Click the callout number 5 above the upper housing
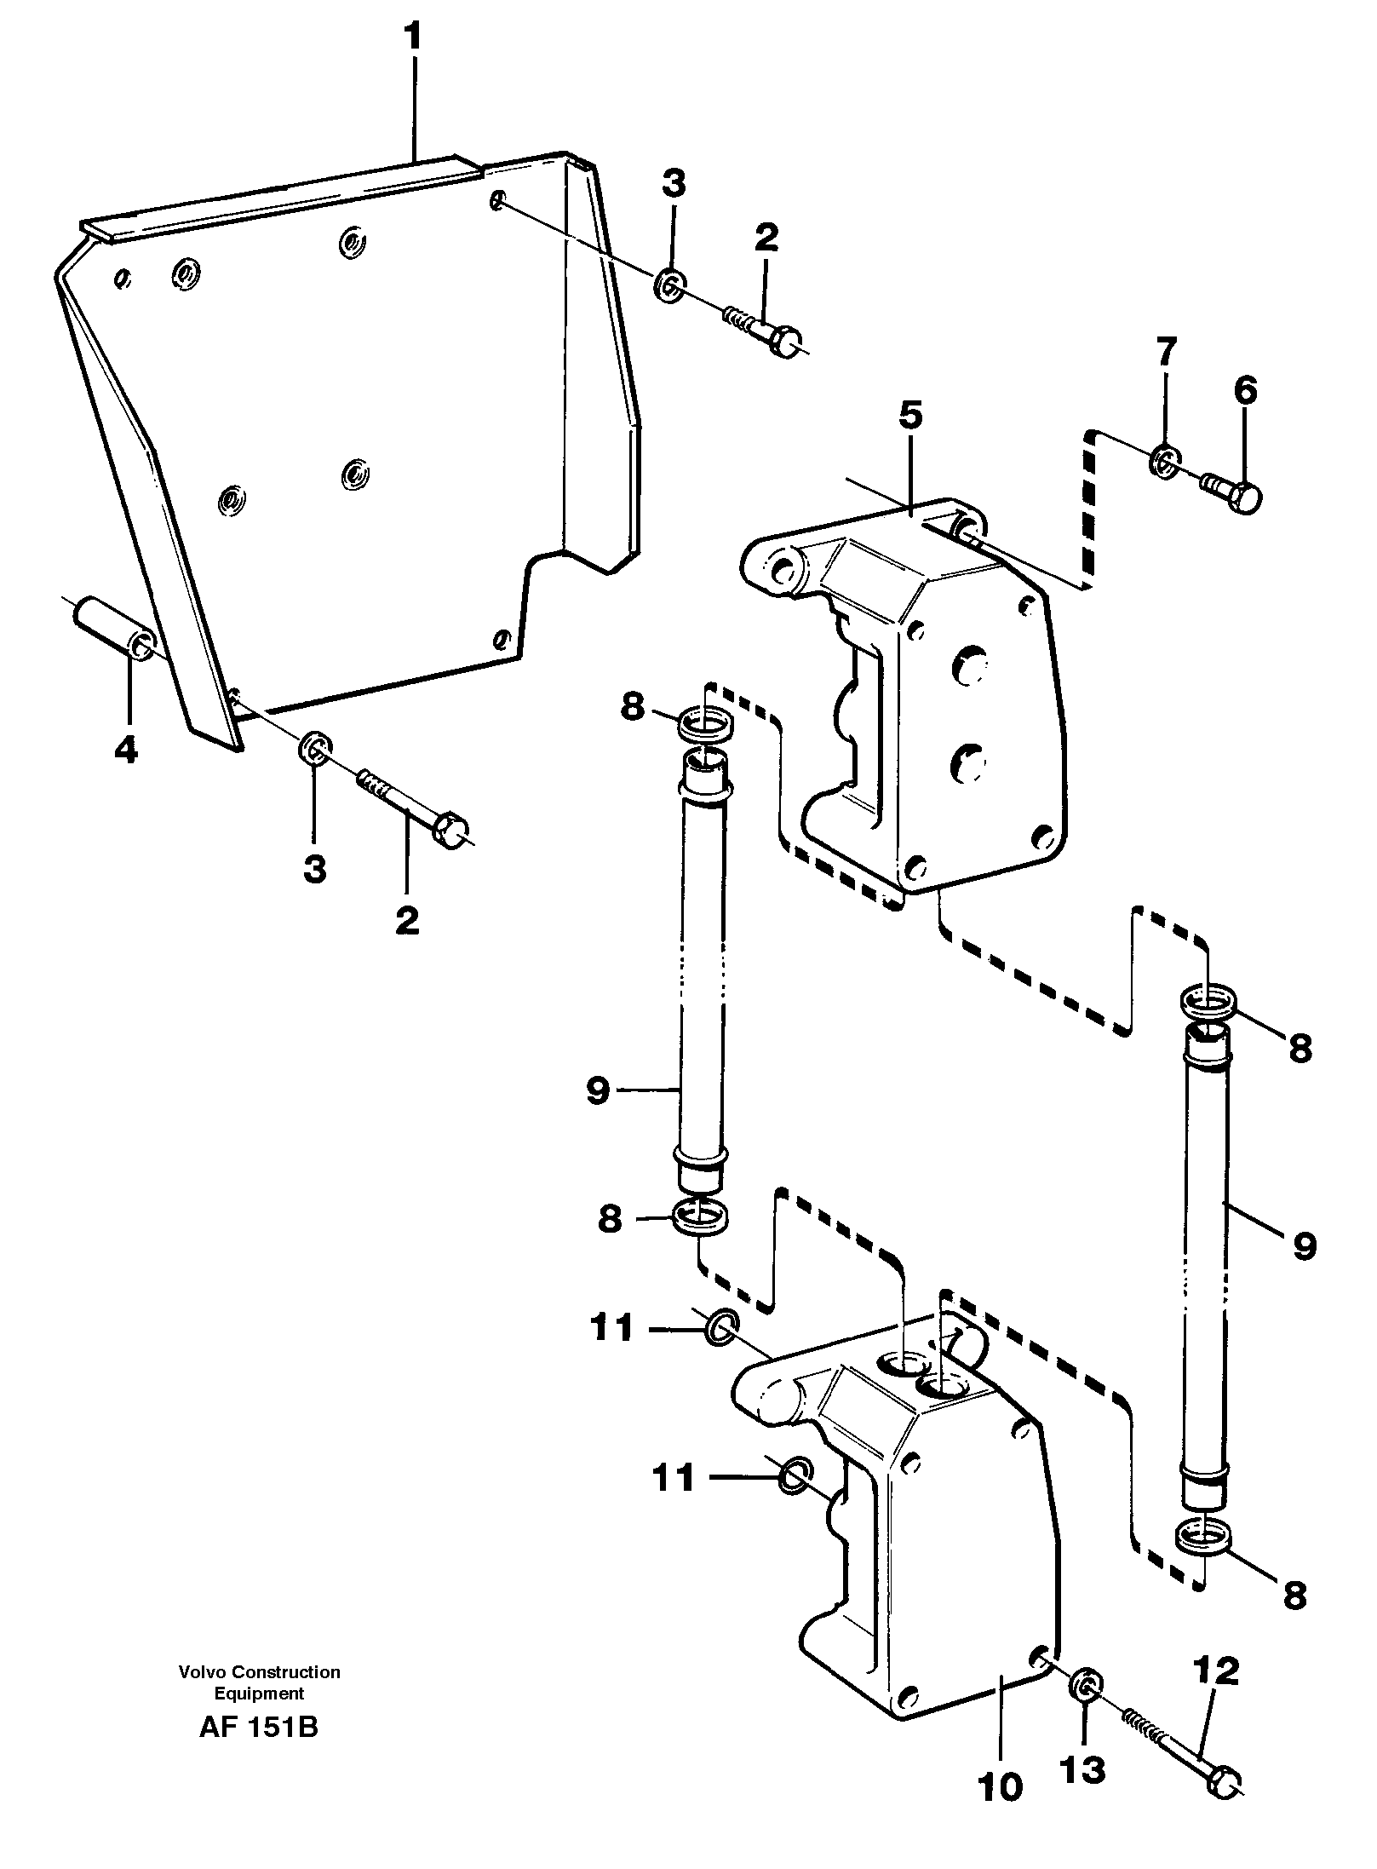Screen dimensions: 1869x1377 [x=909, y=417]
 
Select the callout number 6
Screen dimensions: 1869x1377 [x=1244, y=392]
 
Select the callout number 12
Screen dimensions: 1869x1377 [x=1215, y=1672]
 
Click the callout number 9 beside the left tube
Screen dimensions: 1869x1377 [x=599, y=1091]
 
